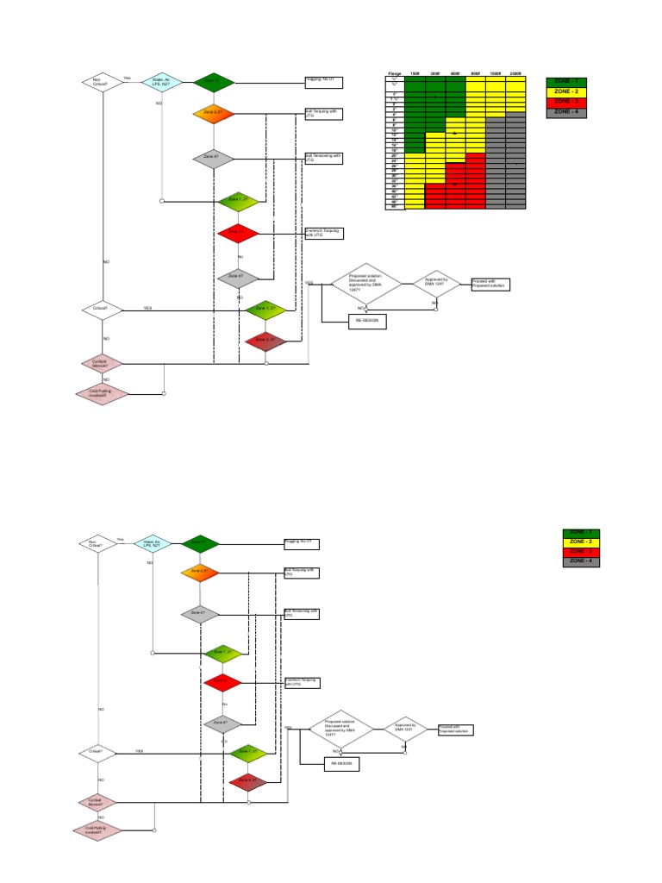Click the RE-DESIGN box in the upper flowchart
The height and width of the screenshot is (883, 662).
[366, 322]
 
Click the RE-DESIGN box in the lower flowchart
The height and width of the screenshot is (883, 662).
[341, 764]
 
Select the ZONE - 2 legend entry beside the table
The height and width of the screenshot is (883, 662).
[567, 91]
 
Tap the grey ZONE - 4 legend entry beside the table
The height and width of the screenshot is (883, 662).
[567, 112]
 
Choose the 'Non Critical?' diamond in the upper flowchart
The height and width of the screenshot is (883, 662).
[102, 82]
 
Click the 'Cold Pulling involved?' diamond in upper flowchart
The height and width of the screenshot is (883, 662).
[102, 393]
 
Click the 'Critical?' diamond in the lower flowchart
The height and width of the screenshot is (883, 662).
[96, 752]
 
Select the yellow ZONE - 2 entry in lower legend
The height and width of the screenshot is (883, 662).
[582, 542]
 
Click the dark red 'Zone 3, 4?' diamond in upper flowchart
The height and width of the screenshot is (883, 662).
[265, 341]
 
